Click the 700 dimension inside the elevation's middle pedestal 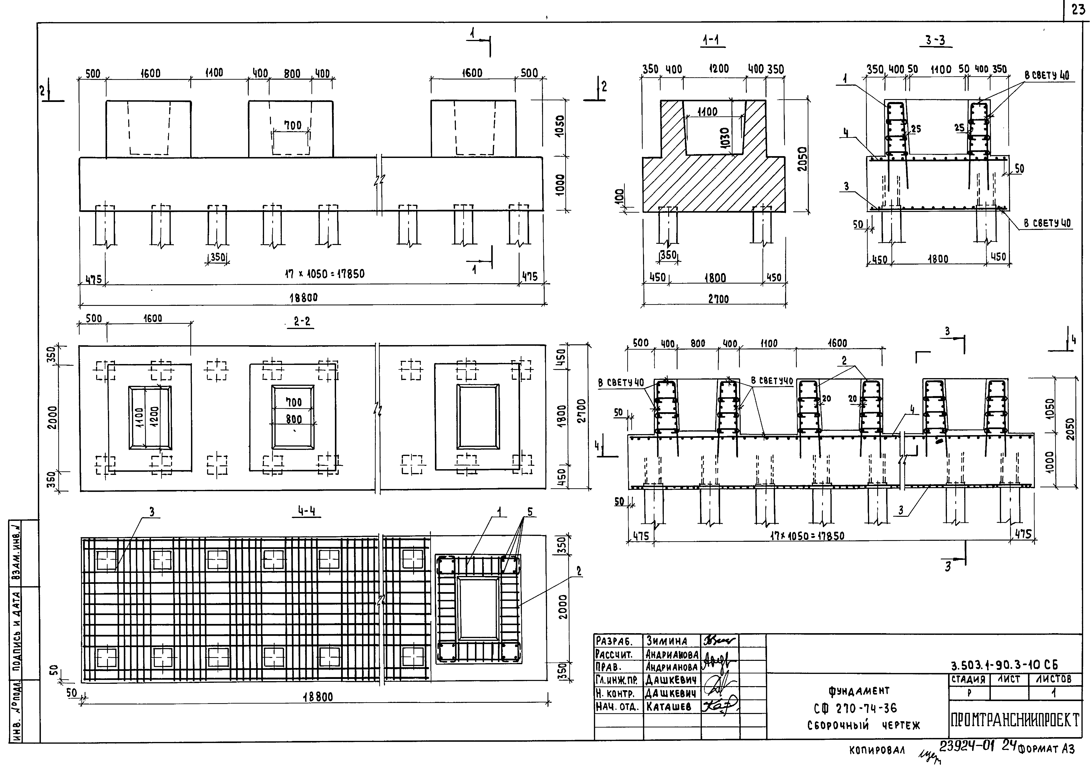coord(293,125)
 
